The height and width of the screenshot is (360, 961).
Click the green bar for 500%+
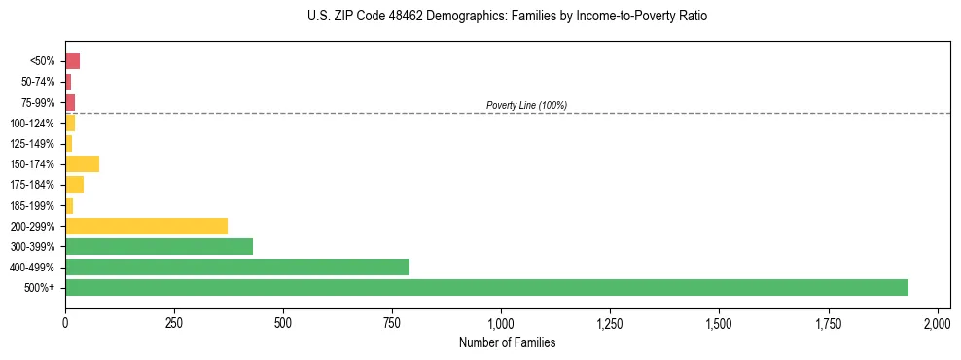[x=486, y=287]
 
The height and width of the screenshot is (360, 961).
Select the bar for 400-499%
[x=237, y=267]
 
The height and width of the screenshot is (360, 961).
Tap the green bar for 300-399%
[x=159, y=246]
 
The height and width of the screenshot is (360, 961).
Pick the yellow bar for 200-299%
[x=146, y=226]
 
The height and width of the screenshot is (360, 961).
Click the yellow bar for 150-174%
[x=82, y=163]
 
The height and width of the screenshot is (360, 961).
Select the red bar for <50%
[x=72, y=61]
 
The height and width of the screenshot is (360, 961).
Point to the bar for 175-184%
[x=74, y=184]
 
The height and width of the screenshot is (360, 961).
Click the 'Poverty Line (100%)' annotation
[x=526, y=105]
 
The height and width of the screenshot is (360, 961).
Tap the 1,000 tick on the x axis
[x=501, y=322]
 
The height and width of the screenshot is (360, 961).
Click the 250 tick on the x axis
[x=174, y=322]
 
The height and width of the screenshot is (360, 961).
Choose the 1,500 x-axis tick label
[x=719, y=322]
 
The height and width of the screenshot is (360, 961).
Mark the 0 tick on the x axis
[x=65, y=322]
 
